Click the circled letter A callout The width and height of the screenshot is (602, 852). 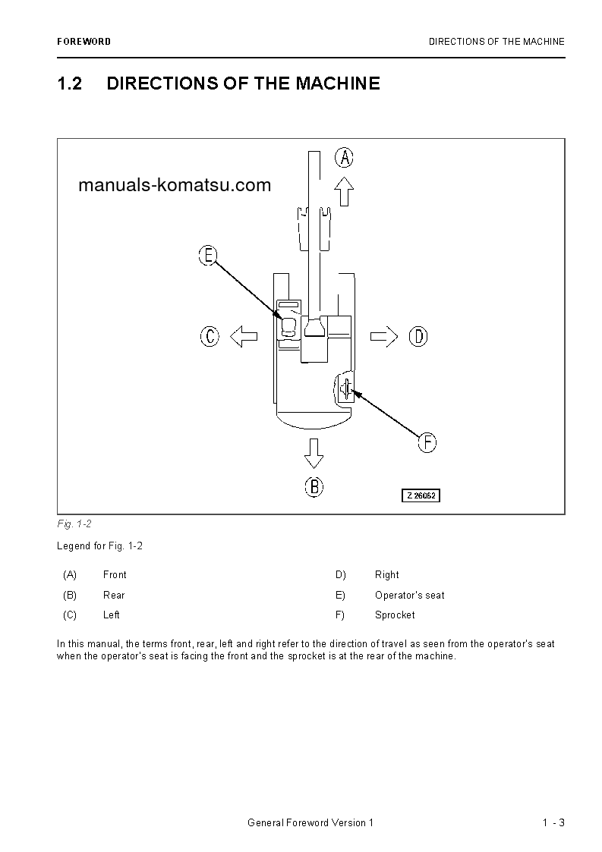click(345, 157)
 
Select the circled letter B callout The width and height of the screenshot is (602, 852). click(314, 486)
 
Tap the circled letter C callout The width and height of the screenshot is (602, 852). click(210, 336)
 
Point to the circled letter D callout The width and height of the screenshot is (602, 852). click(418, 336)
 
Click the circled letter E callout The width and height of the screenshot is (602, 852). click(208, 255)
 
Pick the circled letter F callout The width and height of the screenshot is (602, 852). click(427, 442)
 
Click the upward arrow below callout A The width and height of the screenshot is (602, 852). click(345, 191)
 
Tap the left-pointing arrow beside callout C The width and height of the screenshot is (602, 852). click(244, 336)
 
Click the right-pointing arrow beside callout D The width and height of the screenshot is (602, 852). click(384, 336)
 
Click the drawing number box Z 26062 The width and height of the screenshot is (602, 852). click(421, 495)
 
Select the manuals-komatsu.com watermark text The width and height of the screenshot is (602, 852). click(175, 185)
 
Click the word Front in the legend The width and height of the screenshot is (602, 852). click(115, 575)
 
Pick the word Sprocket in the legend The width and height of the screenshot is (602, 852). click(395, 615)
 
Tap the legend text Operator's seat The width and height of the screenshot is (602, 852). click(409, 596)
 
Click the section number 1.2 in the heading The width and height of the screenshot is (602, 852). click(69, 83)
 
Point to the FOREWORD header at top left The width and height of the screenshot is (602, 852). click(84, 42)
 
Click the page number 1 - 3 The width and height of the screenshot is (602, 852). click(553, 823)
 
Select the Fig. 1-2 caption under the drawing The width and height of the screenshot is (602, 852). click(74, 524)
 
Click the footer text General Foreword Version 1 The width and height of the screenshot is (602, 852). click(310, 823)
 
